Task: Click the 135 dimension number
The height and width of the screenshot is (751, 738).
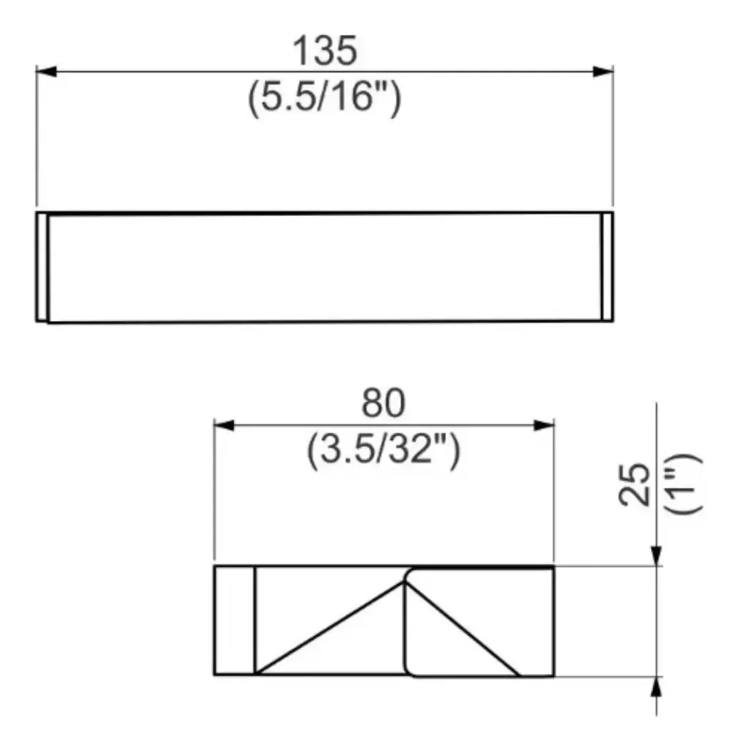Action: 325,51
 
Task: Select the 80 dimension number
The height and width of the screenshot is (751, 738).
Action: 383,403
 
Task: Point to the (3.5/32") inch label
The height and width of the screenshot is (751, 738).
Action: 383,450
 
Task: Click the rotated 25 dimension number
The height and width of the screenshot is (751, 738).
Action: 634,484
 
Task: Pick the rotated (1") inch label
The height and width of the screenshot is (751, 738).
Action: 683,484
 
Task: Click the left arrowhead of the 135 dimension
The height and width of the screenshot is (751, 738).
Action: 46,71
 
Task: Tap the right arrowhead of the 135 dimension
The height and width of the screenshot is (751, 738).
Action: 603,71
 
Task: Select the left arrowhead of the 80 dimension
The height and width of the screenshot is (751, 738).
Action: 224,425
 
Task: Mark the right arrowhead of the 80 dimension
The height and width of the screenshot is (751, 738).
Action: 544,425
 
